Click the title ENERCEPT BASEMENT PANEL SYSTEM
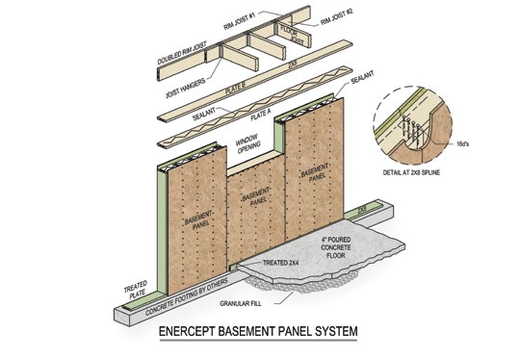pyautogui.click(x=258, y=331)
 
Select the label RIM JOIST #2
pyautogui.click(x=337, y=17)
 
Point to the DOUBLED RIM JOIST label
pyautogui.click(x=182, y=53)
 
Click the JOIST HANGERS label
pyautogui.click(x=186, y=89)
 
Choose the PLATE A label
pyautogui.click(x=261, y=115)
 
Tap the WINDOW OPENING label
pyautogui.click(x=247, y=144)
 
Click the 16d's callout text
pyautogui.click(x=462, y=143)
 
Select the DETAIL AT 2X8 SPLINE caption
pyautogui.click(x=411, y=172)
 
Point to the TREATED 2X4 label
pyautogui.click(x=278, y=263)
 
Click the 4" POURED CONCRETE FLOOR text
pyautogui.click(x=336, y=247)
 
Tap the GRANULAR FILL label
pyautogui.click(x=241, y=303)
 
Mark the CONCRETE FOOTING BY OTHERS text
pyautogui.click(x=187, y=296)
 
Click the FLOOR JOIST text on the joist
pyautogui.click(x=293, y=36)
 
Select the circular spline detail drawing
pyautogui.click(x=412, y=126)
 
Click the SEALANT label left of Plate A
pyautogui.click(x=204, y=114)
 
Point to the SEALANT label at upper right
pyautogui.click(x=362, y=77)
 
